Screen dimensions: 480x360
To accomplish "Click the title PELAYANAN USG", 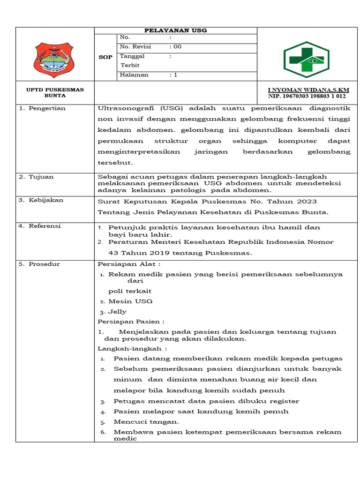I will (176, 30).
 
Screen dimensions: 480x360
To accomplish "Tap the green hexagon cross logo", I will (307, 60).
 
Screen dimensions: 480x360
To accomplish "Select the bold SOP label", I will (105, 57).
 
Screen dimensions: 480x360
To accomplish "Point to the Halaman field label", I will (134, 75).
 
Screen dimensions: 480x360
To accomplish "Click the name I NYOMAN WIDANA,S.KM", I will (308, 90).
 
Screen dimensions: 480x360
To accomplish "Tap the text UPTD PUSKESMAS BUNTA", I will (55, 92).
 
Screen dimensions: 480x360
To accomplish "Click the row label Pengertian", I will (42, 108).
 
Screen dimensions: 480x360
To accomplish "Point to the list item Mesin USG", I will (130, 301).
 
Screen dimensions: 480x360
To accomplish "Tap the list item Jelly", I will (117, 312).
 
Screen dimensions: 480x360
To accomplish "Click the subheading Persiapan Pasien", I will (131, 322).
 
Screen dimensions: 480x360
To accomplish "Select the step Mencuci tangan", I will (139, 421).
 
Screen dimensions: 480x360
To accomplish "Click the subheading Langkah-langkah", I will (132, 348).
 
